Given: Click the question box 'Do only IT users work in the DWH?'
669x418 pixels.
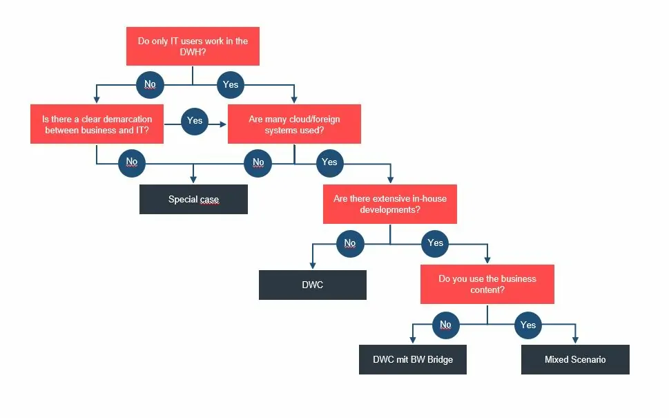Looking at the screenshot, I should (x=193, y=46).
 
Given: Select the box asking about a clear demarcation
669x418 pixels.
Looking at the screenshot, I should (x=97, y=124).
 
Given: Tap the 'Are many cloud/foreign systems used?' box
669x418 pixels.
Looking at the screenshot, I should (x=294, y=124).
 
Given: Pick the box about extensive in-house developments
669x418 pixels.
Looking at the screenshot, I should (x=390, y=204).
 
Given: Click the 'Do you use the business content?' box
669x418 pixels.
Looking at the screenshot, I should (x=487, y=284).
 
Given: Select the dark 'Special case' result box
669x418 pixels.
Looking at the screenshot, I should (x=193, y=200).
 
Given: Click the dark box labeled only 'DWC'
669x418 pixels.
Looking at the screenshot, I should (x=313, y=285).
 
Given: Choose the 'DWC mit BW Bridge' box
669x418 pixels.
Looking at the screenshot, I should (x=413, y=359).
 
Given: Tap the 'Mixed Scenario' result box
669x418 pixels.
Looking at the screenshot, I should (x=575, y=359).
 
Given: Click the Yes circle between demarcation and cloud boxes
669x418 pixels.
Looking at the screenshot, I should (x=195, y=121).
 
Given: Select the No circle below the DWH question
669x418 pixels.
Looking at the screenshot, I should (x=150, y=85).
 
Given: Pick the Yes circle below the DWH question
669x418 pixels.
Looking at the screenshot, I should (x=231, y=85).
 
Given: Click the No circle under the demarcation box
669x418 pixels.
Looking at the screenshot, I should (x=132, y=162).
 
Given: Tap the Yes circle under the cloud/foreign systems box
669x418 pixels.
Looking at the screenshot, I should (x=329, y=162).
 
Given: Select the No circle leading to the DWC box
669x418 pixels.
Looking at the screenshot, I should (x=350, y=243).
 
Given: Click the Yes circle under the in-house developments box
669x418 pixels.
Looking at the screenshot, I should (x=435, y=243).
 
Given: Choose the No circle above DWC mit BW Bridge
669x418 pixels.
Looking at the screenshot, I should (x=445, y=325).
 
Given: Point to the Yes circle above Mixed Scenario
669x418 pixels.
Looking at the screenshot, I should (x=528, y=325).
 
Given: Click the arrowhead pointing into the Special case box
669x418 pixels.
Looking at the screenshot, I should (x=193, y=181).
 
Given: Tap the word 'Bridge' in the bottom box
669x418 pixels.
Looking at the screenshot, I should (x=438, y=359).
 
